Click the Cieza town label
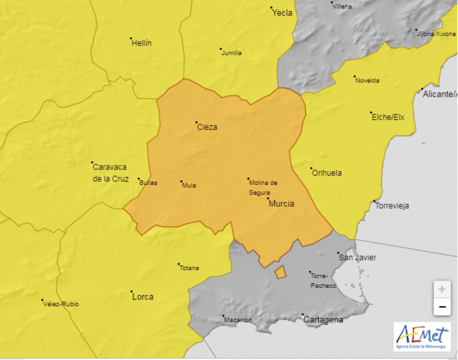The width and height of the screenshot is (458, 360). (207, 127)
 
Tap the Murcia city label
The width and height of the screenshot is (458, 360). (281, 203)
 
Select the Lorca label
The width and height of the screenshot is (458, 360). (143, 296)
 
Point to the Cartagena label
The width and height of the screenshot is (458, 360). (323, 319)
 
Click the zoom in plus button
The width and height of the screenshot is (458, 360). (441, 289)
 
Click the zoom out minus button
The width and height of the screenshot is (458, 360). (441, 307)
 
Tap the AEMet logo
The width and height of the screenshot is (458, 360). (422, 336)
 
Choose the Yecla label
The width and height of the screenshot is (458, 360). (282, 13)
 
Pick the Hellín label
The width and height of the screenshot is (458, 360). (141, 43)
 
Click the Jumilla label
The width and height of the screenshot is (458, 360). (231, 53)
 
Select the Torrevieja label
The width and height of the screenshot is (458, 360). (392, 206)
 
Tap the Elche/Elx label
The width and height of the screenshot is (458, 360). (388, 117)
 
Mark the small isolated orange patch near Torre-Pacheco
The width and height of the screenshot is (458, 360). (281, 272)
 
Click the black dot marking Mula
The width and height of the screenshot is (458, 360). (181, 182)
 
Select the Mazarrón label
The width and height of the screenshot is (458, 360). (238, 320)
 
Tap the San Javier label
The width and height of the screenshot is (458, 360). (358, 258)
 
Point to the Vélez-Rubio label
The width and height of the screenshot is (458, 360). (61, 304)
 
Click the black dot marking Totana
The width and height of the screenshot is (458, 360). (179, 264)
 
